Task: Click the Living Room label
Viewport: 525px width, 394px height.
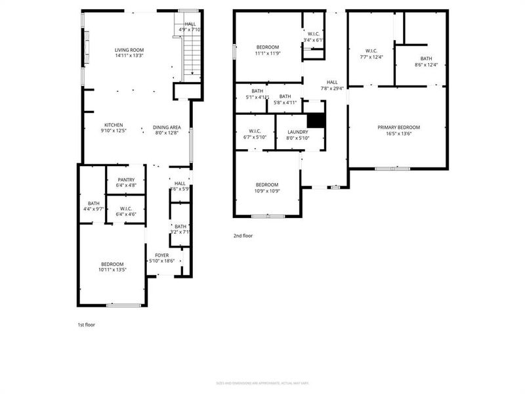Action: (x=129, y=50)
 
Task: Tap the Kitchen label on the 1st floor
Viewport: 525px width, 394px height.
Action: (x=114, y=125)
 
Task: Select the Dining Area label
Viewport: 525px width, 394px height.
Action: (x=167, y=127)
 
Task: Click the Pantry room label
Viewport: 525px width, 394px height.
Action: (x=126, y=179)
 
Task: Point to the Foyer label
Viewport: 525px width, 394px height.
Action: (x=162, y=255)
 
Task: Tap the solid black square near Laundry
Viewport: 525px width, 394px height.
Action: (x=316, y=121)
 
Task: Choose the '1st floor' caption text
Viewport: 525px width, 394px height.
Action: (x=86, y=324)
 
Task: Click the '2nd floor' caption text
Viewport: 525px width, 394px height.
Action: (x=243, y=235)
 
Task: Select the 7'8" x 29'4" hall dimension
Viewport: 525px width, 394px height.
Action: (x=332, y=88)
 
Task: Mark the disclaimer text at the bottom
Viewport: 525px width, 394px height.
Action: (x=262, y=383)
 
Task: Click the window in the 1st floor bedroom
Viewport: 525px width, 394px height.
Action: (x=124, y=305)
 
